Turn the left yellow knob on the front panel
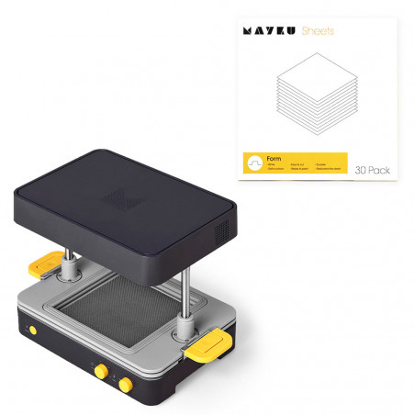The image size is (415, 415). point(96,370)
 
